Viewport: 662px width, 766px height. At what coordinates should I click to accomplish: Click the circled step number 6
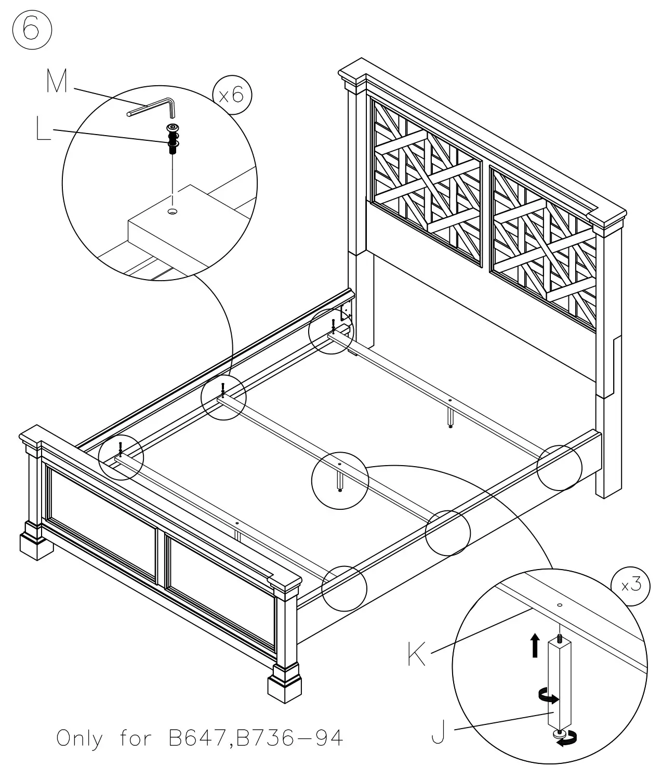pos(32,29)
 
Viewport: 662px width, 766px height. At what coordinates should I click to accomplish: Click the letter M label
pos(57,82)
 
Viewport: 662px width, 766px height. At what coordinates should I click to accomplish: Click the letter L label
pos(44,128)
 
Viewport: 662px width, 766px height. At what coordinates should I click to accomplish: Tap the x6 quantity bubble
pos(232,96)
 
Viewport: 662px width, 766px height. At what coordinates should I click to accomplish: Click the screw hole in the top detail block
pos(173,211)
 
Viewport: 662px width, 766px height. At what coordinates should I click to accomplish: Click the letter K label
pos(416,654)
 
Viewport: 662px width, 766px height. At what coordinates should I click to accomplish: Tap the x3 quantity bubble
pos(631,585)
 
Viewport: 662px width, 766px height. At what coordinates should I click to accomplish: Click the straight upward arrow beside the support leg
pos(534,645)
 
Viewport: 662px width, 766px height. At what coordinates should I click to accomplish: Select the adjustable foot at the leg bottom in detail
pos(560,733)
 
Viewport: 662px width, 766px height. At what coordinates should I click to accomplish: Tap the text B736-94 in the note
pos(289,738)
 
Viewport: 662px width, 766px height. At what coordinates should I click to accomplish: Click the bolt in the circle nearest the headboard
pos(333,325)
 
